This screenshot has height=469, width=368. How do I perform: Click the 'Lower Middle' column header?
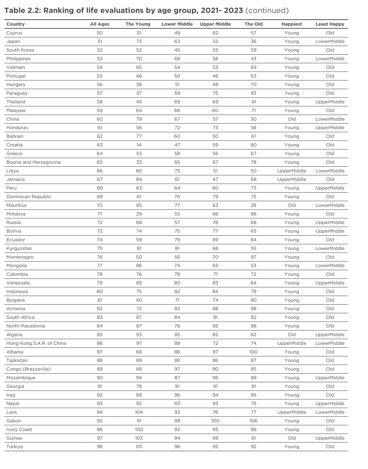[x=177, y=24]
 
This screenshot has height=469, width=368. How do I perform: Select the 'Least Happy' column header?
[x=330, y=24]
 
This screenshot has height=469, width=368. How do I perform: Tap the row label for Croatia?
[x=15, y=145]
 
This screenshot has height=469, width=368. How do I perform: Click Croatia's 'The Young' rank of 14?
[x=139, y=145]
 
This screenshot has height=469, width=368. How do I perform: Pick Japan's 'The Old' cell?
[x=253, y=42]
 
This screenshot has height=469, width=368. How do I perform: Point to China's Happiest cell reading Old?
[x=291, y=119]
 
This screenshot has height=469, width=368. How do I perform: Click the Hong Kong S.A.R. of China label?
[x=36, y=343]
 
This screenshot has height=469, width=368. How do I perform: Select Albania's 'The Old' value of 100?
[x=253, y=352]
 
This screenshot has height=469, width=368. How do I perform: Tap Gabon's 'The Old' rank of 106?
[x=253, y=421]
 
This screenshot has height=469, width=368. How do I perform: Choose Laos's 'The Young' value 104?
[x=139, y=412]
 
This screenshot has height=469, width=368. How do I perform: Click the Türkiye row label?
[x=15, y=447]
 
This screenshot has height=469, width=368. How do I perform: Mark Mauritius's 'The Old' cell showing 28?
[x=253, y=205]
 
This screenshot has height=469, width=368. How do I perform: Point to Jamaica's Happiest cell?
[x=291, y=179]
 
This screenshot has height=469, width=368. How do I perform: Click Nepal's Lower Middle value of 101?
[x=177, y=404]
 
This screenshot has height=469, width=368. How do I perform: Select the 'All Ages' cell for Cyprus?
[x=100, y=33]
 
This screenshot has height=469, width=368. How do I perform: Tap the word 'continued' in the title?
[x=267, y=11]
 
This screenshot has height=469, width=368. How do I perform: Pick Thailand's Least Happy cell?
[x=330, y=102]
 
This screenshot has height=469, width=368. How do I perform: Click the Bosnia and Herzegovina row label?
[x=33, y=162]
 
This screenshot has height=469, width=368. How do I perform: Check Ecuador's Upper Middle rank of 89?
[x=215, y=240]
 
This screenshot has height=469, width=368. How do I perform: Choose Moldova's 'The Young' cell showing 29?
[x=139, y=214]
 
